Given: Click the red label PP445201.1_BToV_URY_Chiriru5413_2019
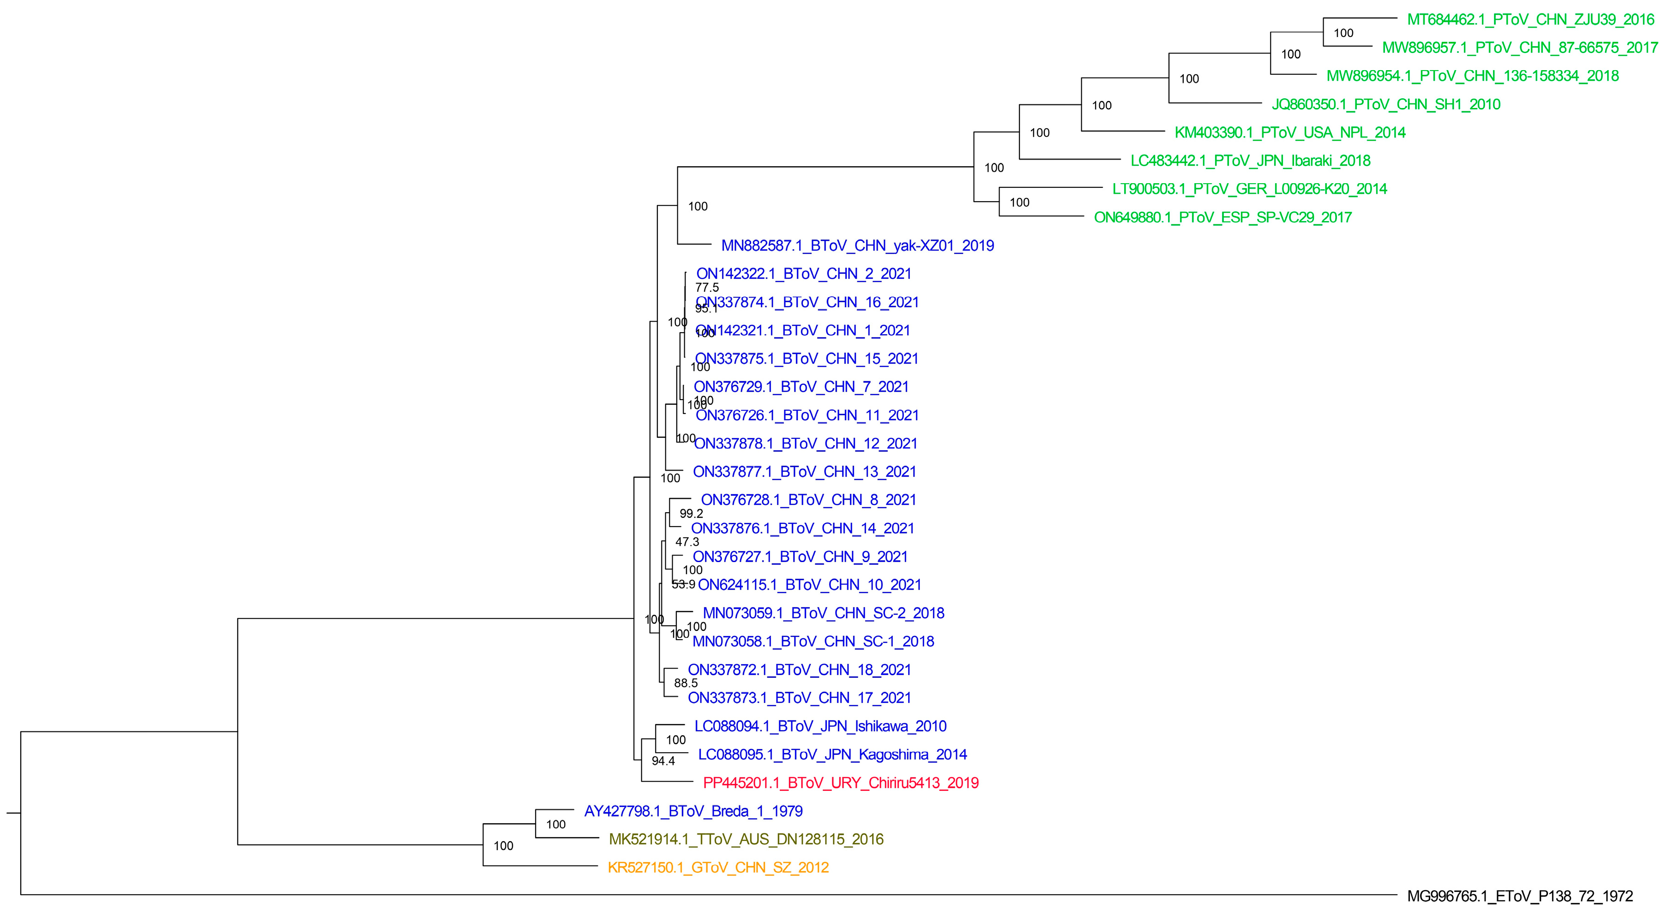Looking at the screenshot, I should click(841, 783).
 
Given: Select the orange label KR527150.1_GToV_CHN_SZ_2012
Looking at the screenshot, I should click(718, 868).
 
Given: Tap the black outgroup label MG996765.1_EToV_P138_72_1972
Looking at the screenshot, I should click(1520, 896).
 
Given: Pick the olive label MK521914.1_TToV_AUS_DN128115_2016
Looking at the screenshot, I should click(746, 839).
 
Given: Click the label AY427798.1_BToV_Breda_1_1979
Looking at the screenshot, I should click(693, 811).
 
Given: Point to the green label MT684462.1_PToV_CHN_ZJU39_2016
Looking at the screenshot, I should click(1531, 19).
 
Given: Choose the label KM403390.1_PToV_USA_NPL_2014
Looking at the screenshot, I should click(1290, 133).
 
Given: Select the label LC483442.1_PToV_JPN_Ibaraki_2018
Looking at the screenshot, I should click(1250, 161).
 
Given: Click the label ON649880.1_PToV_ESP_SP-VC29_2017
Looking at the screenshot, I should click(1222, 217).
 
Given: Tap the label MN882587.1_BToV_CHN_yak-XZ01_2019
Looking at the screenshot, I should click(857, 245).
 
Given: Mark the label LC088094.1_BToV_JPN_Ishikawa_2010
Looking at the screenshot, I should click(820, 726).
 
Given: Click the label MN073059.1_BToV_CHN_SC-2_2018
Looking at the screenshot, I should click(823, 613).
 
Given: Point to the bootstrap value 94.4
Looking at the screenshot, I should click(663, 760).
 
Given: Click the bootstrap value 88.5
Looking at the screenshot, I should click(686, 683).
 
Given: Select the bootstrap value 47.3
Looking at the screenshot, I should click(687, 542).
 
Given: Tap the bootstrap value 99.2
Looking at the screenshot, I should click(691, 513).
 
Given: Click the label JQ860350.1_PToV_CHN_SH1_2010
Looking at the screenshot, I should click(1385, 104).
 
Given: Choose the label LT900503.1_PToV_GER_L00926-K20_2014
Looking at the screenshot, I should click(1250, 189).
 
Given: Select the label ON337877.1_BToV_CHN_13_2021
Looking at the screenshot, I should click(804, 472).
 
